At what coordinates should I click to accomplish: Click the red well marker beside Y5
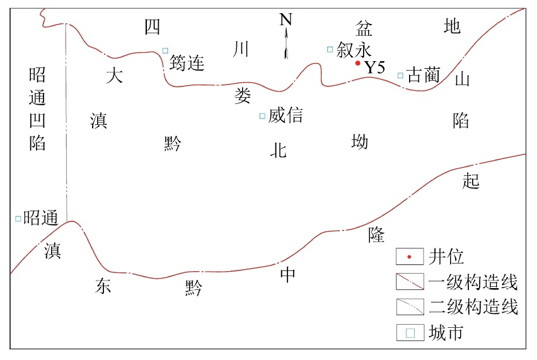pos(357,63)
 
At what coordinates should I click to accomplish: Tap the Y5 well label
pos(374,67)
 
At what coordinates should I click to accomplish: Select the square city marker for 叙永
pos(330,49)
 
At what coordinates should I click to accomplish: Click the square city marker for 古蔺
pos(400,76)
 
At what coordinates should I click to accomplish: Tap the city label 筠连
pos(187,62)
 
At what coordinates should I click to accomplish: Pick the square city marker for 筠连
pos(165,50)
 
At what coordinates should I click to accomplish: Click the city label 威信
pos(286,115)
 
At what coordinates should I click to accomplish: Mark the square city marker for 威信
pos(262,115)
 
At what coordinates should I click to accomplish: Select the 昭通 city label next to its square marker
pos(41,218)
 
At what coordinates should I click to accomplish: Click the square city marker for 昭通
pos(18,219)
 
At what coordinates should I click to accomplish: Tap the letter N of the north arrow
pos(286,20)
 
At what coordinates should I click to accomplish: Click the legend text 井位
pos(446,257)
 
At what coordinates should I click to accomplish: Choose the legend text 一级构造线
pos(473,282)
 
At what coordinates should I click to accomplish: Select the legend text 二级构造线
pos(473,307)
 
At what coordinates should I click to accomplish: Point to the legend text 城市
pos(446,332)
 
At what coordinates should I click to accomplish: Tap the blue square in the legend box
pos(410,332)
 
